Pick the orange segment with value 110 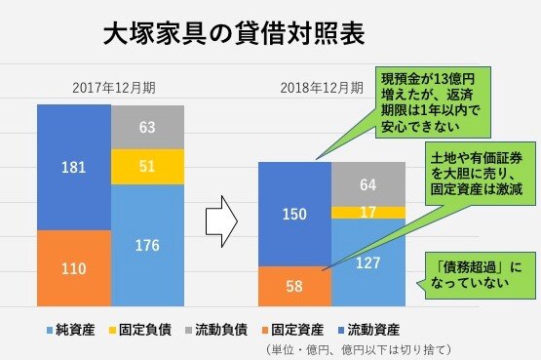[x=74, y=267]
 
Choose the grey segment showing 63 [x=147, y=126]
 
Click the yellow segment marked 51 [x=147, y=166]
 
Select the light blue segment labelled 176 [x=147, y=245]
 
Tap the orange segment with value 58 [x=294, y=286]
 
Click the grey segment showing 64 [x=367, y=183]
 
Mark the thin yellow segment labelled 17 [x=367, y=212]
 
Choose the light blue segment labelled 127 [x=367, y=261]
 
